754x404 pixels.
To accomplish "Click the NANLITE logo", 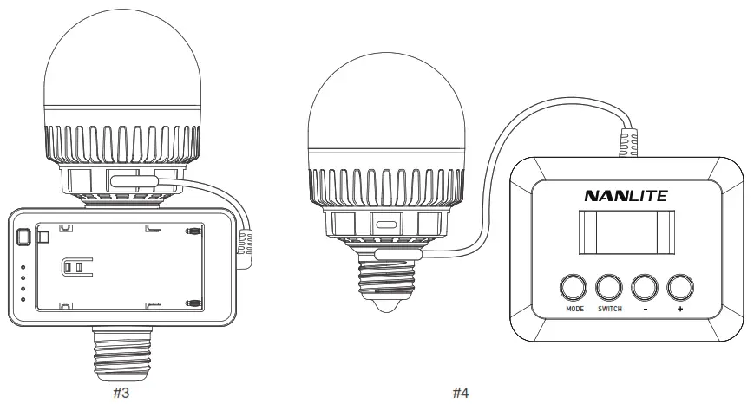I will [x=626, y=196].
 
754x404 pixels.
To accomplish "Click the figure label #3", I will [x=121, y=393].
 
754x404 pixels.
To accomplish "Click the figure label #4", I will [x=461, y=393].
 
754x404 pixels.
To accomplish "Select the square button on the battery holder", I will [x=23, y=237].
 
